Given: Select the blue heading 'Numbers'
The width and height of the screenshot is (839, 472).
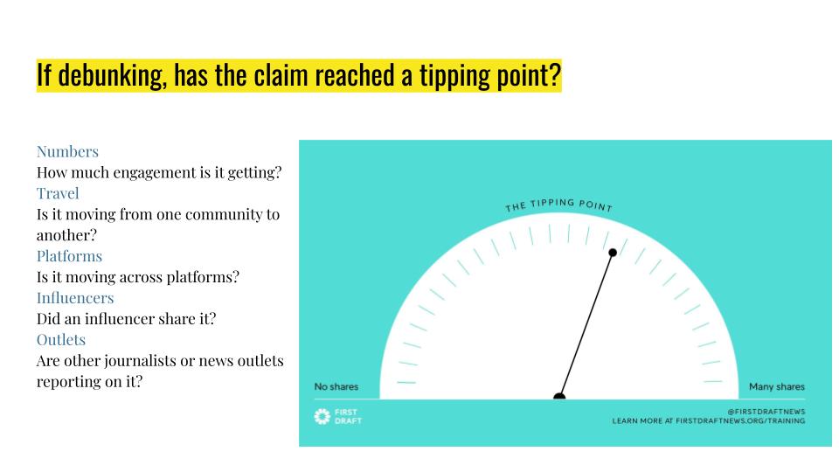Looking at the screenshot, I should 67,151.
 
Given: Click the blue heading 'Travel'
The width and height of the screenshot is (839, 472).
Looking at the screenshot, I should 58,193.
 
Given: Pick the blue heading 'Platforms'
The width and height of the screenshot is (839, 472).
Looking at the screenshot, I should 69,256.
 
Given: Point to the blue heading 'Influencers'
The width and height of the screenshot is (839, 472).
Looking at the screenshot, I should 75,298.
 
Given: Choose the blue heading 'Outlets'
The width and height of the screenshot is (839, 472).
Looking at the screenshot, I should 61,339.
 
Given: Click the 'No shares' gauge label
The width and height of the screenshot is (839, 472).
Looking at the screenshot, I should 336,387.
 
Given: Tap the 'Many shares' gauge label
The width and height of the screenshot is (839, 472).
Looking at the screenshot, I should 777,387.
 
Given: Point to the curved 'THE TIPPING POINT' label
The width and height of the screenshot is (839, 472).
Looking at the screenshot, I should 559,205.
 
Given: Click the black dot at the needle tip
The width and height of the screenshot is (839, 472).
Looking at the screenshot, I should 613,253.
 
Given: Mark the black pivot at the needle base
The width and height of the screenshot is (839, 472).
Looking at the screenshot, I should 559,397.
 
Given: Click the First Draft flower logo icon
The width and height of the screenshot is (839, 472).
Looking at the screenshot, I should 322,416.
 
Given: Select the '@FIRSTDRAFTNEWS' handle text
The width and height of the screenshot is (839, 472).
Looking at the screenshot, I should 766,411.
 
